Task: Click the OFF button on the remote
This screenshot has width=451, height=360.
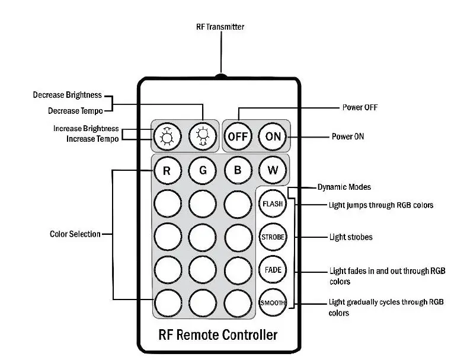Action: pyautogui.click(x=238, y=136)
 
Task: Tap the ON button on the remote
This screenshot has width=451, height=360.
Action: pyautogui.click(x=273, y=136)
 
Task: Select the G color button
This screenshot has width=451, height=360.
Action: pyautogui.click(x=203, y=171)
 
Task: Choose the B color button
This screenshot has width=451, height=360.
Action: pyautogui.click(x=238, y=171)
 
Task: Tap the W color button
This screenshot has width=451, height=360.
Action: pyautogui.click(x=273, y=171)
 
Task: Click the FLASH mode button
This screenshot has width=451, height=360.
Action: pyautogui.click(x=273, y=204)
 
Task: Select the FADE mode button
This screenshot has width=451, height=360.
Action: pyautogui.click(x=273, y=270)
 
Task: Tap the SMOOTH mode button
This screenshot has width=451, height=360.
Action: pyautogui.click(x=273, y=302)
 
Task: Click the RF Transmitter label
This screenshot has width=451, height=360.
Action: pyautogui.click(x=220, y=27)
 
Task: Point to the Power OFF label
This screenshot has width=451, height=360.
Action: pyautogui.click(x=360, y=107)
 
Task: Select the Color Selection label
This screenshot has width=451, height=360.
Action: pyautogui.click(x=75, y=234)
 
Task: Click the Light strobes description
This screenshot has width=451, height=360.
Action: pyautogui.click(x=351, y=237)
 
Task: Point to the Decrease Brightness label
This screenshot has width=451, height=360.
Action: pyautogui.click(x=67, y=95)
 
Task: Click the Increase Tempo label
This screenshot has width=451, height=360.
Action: pyautogui.click(x=89, y=139)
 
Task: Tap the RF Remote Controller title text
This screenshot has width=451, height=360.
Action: pyautogui.click(x=218, y=334)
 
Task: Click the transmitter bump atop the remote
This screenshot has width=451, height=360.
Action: pyautogui.click(x=220, y=76)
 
